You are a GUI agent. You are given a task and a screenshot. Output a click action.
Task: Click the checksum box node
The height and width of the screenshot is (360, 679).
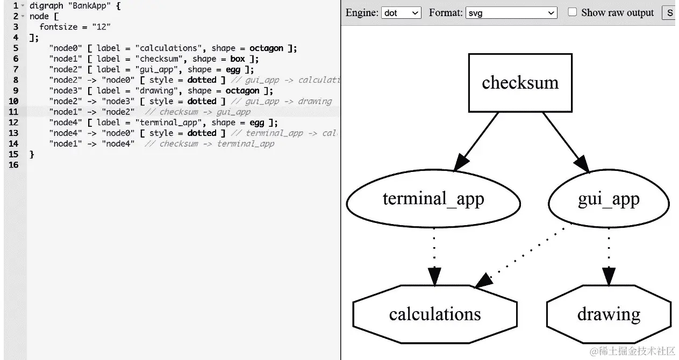point(520,83)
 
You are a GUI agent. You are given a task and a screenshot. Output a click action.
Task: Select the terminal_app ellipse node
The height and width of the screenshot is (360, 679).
point(433,199)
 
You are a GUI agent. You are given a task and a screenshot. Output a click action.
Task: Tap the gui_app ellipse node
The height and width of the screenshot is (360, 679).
point(609,199)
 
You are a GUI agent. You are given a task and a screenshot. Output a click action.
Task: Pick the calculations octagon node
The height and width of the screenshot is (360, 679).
point(435,314)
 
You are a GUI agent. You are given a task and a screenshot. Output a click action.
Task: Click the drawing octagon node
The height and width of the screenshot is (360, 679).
point(609,314)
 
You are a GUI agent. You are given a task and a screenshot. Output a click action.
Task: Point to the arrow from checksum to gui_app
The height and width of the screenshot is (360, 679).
point(564,142)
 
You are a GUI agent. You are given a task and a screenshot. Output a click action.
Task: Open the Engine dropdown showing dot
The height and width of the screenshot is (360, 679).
point(401,13)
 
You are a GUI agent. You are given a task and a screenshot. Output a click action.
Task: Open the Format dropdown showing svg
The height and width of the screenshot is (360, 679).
point(511,13)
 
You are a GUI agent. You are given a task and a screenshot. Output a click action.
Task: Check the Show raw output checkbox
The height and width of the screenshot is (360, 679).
point(573,12)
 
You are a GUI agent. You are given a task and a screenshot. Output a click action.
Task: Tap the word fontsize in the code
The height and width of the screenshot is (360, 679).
point(59,27)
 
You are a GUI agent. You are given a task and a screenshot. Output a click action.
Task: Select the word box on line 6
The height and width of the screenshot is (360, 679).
point(238,59)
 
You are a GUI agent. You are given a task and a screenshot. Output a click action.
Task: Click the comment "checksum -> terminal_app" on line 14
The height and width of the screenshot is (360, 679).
point(217,143)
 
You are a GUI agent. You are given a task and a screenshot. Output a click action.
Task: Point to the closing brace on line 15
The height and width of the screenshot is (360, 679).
point(32,154)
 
